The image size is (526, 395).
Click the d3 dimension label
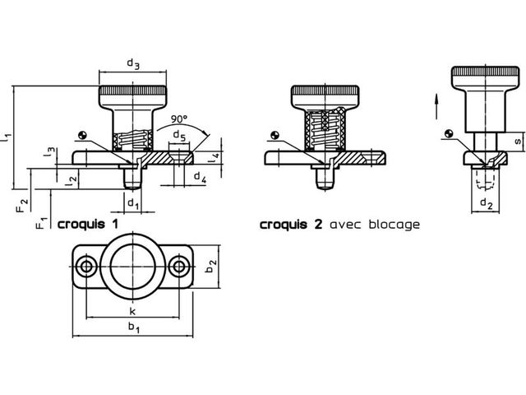pyautogui.click(x=133, y=64)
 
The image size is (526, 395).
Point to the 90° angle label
pyautogui.click(x=179, y=118)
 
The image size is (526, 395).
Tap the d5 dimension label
pyautogui.click(x=179, y=136)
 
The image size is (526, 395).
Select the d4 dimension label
pyautogui.click(x=201, y=177)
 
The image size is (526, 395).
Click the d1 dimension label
pyautogui.click(x=133, y=203)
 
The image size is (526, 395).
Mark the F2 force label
pyautogui.click(x=22, y=205)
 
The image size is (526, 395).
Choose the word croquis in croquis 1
pyautogui.click(x=81, y=225)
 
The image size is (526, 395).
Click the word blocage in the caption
pyautogui.click(x=394, y=224)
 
